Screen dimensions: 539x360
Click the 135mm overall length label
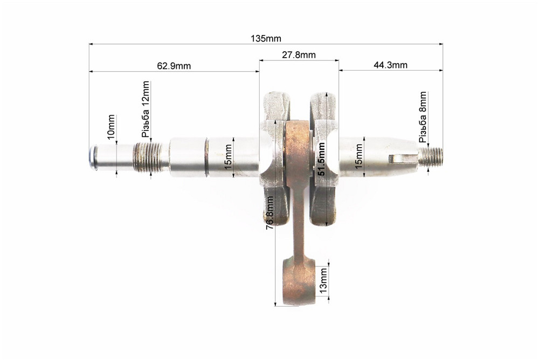[x=266, y=38]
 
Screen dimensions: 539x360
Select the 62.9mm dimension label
[x=174, y=65]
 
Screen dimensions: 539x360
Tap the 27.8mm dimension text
[x=299, y=54]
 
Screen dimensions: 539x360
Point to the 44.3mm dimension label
[x=390, y=65]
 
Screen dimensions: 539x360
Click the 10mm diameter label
[x=111, y=127]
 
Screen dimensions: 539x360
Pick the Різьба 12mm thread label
[x=146, y=109]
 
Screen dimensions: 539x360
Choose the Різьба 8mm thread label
[x=423, y=117]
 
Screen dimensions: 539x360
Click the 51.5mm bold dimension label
[x=321, y=159]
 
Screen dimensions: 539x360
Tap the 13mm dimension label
[x=323, y=281]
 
